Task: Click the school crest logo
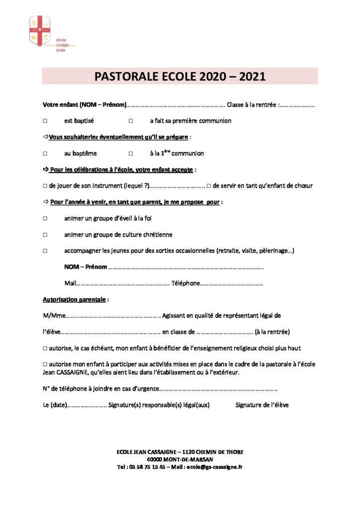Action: coord(40,30)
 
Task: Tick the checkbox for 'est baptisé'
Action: coord(45,121)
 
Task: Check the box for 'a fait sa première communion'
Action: coord(131,121)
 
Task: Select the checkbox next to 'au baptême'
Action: coord(45,154)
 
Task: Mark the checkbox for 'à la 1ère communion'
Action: coord(131,154)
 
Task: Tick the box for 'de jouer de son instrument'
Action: coord(45,186)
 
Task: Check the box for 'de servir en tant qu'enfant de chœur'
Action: coord(209,186)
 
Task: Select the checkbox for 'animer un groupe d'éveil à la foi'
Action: coord(45,218)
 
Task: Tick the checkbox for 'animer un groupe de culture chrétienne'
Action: coord(45,235)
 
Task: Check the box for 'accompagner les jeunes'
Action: coord(45,251)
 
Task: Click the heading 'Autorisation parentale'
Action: coord(74,300)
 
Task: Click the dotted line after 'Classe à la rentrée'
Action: coord(298,105)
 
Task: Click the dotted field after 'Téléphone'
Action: coord(232,283)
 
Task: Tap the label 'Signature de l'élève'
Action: coord(262,405)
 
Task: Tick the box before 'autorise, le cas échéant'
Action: coord(45,348)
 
